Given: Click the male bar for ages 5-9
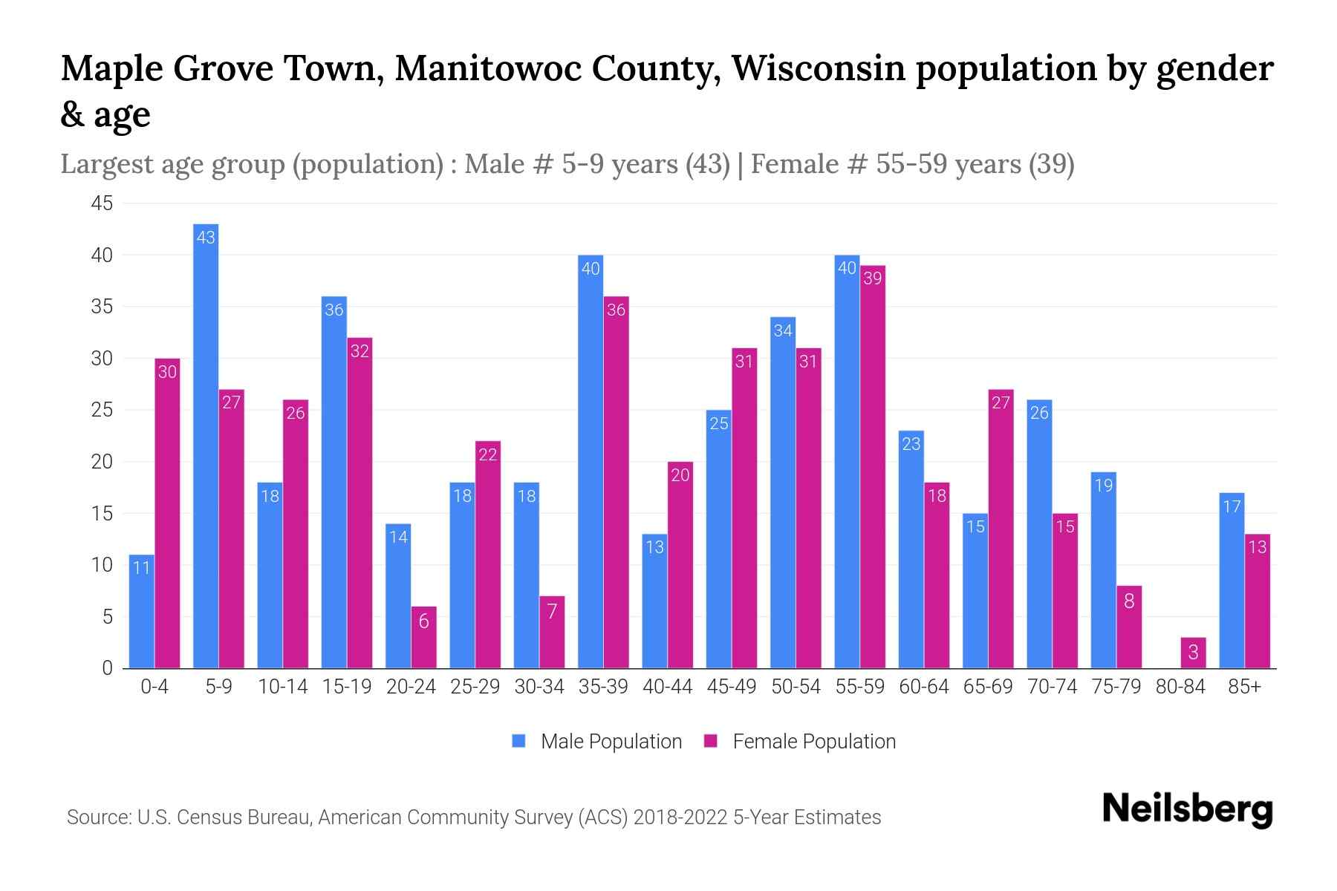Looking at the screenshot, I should (206, 446).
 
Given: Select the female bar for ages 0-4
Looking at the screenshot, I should (167, 512).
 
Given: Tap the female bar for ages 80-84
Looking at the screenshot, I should (1193, 653).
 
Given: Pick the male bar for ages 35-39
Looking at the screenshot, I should (591, 460).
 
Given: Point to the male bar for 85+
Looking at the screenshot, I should (1232, 580).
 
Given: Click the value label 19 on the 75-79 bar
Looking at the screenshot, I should (1104, 486).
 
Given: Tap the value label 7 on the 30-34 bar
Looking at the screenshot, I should (552, 611).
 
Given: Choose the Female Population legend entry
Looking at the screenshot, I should (800, 742).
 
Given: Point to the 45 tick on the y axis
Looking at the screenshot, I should (103, 203).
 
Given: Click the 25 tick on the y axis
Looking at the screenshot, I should (103, 410).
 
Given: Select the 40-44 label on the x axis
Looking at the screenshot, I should (667, 687).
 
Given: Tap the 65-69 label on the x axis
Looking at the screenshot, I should (988, 687).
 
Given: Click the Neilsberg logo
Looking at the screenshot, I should (1187, 809).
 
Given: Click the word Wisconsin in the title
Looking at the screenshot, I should (818, 68).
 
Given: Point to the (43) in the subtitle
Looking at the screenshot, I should (707, 163).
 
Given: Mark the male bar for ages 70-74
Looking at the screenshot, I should (1039, 534).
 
